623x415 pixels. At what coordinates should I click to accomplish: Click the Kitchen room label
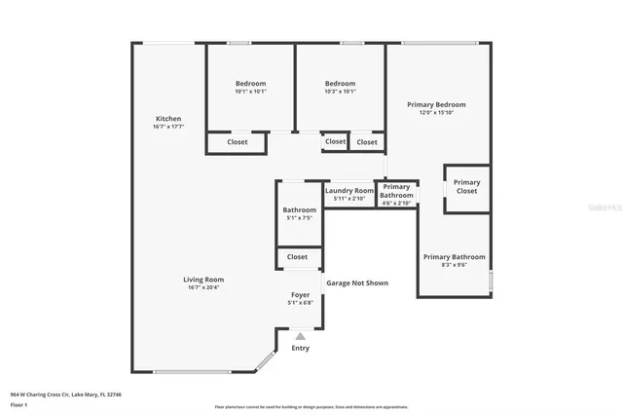pyautogui.click(x=168, y=119)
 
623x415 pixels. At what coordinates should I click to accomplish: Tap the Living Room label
pyautogui.click(x=203, y=280)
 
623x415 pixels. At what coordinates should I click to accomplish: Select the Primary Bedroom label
pyautogui.click(x=436, y=104)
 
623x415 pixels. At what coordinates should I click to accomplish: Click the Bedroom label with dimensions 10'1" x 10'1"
pyautogui.click(x=250, y=84)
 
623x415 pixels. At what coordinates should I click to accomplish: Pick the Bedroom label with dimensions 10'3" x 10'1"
pyautogui.click(x=340, y=84)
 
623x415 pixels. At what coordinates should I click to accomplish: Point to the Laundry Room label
pyautogui.click(x=348, y=190)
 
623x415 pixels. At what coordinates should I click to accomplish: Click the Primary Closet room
pyautogui.click(x=466, y=187)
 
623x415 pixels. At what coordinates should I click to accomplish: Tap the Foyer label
pyautogui.click(x=300, y=294)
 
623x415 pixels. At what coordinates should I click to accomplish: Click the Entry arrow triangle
pyautogui.click(x=300, y=336)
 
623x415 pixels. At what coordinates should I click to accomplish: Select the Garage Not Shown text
pyautogui.click(x=356, y=283)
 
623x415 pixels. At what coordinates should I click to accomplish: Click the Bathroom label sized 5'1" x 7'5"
pyautogui.click(x=299, y=209)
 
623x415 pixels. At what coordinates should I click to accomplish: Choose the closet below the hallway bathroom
pyautogui.click(x=297, y=257)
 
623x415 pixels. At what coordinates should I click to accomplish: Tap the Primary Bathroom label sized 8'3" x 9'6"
pyautogui.click(x=454, y=257)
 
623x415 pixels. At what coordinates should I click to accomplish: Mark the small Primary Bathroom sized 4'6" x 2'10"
pyautogui.click(x=396, y=191)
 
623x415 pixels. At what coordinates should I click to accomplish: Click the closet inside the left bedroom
pyautogui.click(x=237, y=142)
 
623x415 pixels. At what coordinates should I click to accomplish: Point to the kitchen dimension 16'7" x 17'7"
pyautogui.click(x=167, y=127)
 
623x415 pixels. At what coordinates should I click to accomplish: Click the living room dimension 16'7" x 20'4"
pyautogui.click(x=203, y=287)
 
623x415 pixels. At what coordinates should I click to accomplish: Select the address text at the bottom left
pyautogui.click(x=65, y=395)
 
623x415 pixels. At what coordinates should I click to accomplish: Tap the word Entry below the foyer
pyautogui.click(x=301, y=348)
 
